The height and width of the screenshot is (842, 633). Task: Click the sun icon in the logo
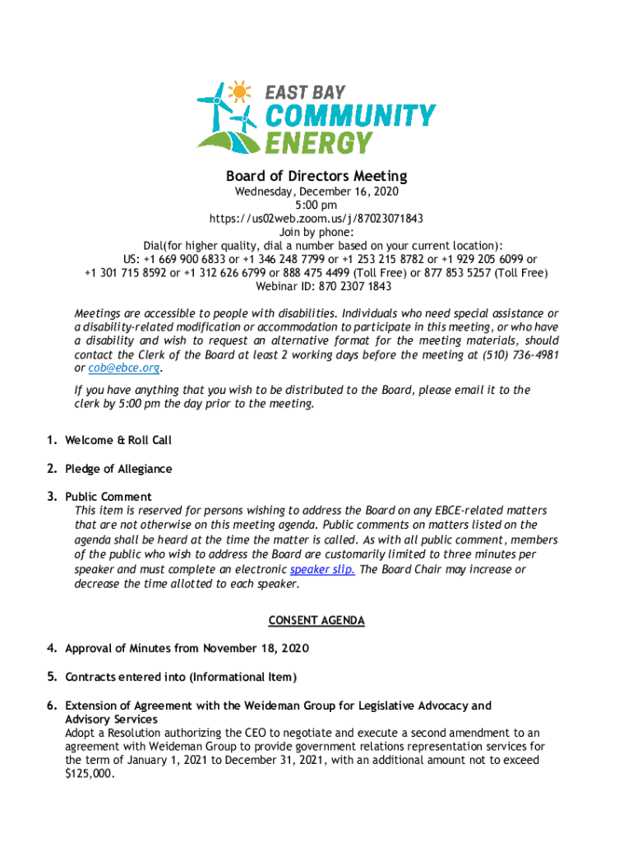point(239,90)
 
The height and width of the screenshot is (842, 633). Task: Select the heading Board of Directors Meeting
point(316,176)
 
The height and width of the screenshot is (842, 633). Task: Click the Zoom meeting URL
point(316,218)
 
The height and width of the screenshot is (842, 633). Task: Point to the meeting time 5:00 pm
point(316,205)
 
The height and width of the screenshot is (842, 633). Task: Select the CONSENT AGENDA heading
point(316,621)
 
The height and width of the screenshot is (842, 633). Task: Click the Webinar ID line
point(316,286)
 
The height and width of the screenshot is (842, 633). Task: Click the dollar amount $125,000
point(90,775)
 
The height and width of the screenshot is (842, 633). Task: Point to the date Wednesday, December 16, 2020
point(316,192)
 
